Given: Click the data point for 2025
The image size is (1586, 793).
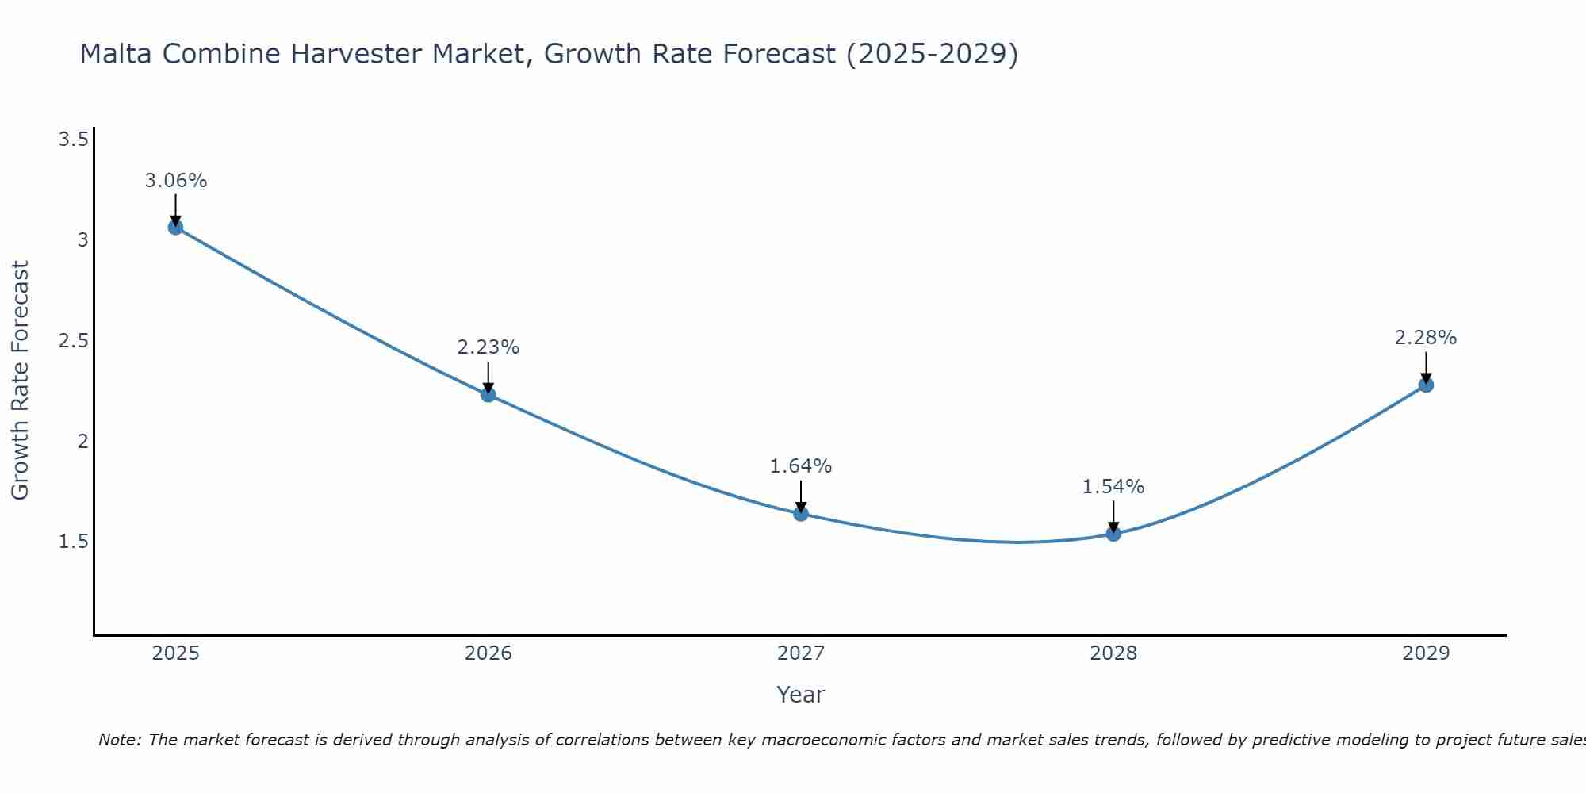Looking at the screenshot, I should (175, 228).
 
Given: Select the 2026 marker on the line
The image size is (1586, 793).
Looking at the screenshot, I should (488, 394).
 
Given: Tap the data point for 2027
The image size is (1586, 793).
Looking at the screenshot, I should (801, 514).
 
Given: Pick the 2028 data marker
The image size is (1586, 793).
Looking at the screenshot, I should (1113, 534).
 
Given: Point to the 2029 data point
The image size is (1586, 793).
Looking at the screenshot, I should (1426, 385).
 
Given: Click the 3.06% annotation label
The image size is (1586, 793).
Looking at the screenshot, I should (175, 181).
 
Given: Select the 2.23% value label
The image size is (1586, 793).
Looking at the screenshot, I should (488, 347).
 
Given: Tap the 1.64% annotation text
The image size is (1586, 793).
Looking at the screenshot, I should (801, 466).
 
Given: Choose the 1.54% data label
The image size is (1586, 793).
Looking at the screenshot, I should (1113, 487).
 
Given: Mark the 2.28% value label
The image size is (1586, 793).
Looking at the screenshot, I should (1426, 338).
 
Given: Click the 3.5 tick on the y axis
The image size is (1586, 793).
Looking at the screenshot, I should (73, 140).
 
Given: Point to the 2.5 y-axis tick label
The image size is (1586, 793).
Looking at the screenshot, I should (73, 341).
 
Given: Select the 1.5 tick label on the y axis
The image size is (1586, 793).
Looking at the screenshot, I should (73, 542).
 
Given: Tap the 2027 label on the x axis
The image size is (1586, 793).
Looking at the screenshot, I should (801, 653).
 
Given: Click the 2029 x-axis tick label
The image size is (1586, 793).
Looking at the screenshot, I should (1426, 653).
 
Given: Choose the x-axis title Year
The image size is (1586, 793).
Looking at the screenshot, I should (801, 695).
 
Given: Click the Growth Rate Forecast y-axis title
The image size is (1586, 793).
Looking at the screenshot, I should (21, 381).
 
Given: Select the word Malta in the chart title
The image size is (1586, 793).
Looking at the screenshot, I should (113, 54).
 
